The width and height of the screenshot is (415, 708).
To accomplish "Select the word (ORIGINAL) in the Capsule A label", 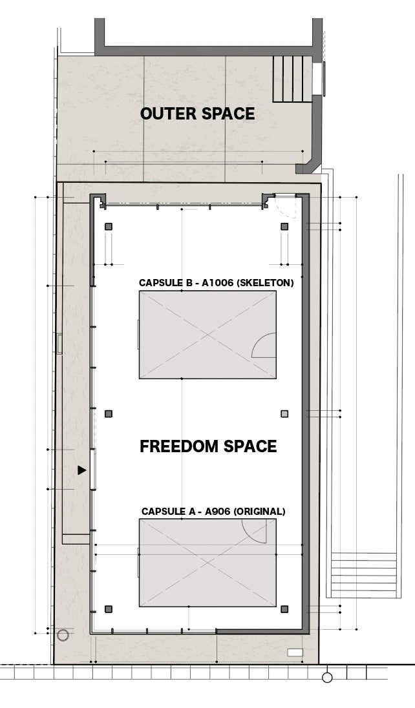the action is (x=259, y=512).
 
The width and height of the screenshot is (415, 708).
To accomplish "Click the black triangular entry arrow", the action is (x=81, y=470).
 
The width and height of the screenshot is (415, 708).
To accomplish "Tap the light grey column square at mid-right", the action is (x=284, y=413).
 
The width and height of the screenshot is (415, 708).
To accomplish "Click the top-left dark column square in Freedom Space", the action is (x=109, y=227).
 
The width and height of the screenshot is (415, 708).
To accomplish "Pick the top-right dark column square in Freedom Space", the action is (x=284, y=227).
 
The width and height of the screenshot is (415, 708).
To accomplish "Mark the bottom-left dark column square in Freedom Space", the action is (x=109, y=609).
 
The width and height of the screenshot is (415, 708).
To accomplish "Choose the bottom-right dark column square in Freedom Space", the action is (x=284, y=609).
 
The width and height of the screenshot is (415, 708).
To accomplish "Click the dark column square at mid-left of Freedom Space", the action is (x=109, y=413).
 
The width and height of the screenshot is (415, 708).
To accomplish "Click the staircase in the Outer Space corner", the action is (x=292, y=79).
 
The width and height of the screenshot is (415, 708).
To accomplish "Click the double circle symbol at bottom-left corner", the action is (x=63, y=635).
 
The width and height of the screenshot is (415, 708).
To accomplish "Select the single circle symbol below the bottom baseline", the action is (x=327, y=677).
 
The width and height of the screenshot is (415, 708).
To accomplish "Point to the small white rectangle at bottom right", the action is (x=295, y=652).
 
